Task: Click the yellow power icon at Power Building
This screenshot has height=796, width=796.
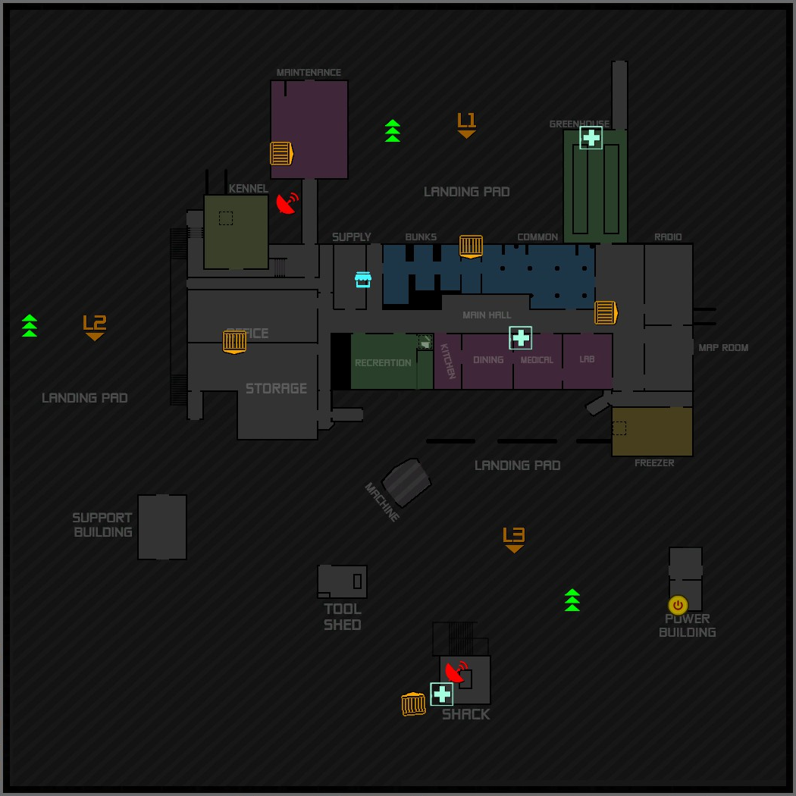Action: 678,605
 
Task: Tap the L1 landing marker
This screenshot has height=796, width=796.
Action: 466,124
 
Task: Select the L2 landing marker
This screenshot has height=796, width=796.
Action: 95,327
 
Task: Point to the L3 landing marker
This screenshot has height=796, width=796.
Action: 514,539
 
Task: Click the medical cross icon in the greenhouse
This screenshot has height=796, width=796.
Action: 591,137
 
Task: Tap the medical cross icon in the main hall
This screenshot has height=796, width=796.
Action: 520,337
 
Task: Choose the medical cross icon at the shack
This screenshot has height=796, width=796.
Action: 441,694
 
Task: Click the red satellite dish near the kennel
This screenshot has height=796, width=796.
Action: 287,203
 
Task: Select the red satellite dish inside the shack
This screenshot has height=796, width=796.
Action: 456,671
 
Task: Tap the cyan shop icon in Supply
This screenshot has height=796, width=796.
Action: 363,280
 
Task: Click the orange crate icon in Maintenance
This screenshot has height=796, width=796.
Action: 281,154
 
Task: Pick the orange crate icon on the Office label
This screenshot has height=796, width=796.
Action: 234,342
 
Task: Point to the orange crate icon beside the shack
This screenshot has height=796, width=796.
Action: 413,704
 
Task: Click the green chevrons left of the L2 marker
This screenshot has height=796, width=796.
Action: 30,325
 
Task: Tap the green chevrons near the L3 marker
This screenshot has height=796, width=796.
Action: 572,600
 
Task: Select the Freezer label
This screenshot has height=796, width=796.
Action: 653,463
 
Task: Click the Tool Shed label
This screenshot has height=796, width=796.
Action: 343,617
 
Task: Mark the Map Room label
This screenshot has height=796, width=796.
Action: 723,348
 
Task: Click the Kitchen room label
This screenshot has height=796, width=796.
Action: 448,361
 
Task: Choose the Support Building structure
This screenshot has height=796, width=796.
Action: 162,527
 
